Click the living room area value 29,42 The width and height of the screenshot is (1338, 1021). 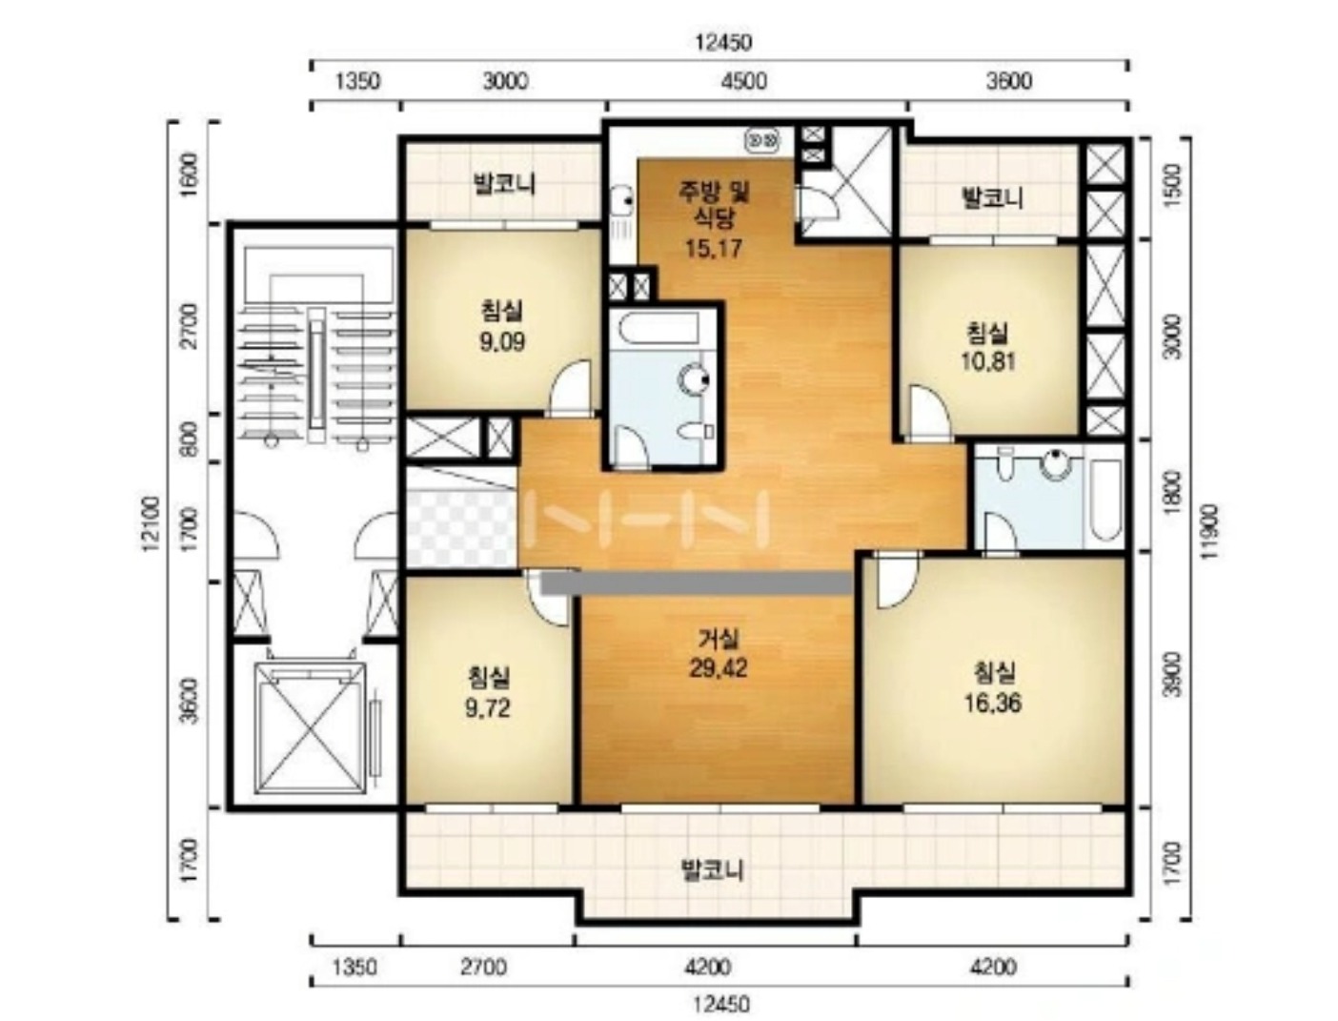point(718,668)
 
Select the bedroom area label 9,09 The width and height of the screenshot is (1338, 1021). point(502,342)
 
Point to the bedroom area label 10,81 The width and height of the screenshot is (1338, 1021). point(987,361)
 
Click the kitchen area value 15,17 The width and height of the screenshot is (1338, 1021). point(714,248)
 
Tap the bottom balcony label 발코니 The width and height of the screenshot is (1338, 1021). point(712,869)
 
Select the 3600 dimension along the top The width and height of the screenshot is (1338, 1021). point(1009,81)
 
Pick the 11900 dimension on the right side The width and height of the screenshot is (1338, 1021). point(1210,531)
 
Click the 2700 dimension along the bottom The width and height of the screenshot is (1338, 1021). point(483,968)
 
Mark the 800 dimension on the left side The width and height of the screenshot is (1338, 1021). point(191,438)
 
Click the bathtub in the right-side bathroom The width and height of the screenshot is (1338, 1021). point(1105,500)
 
